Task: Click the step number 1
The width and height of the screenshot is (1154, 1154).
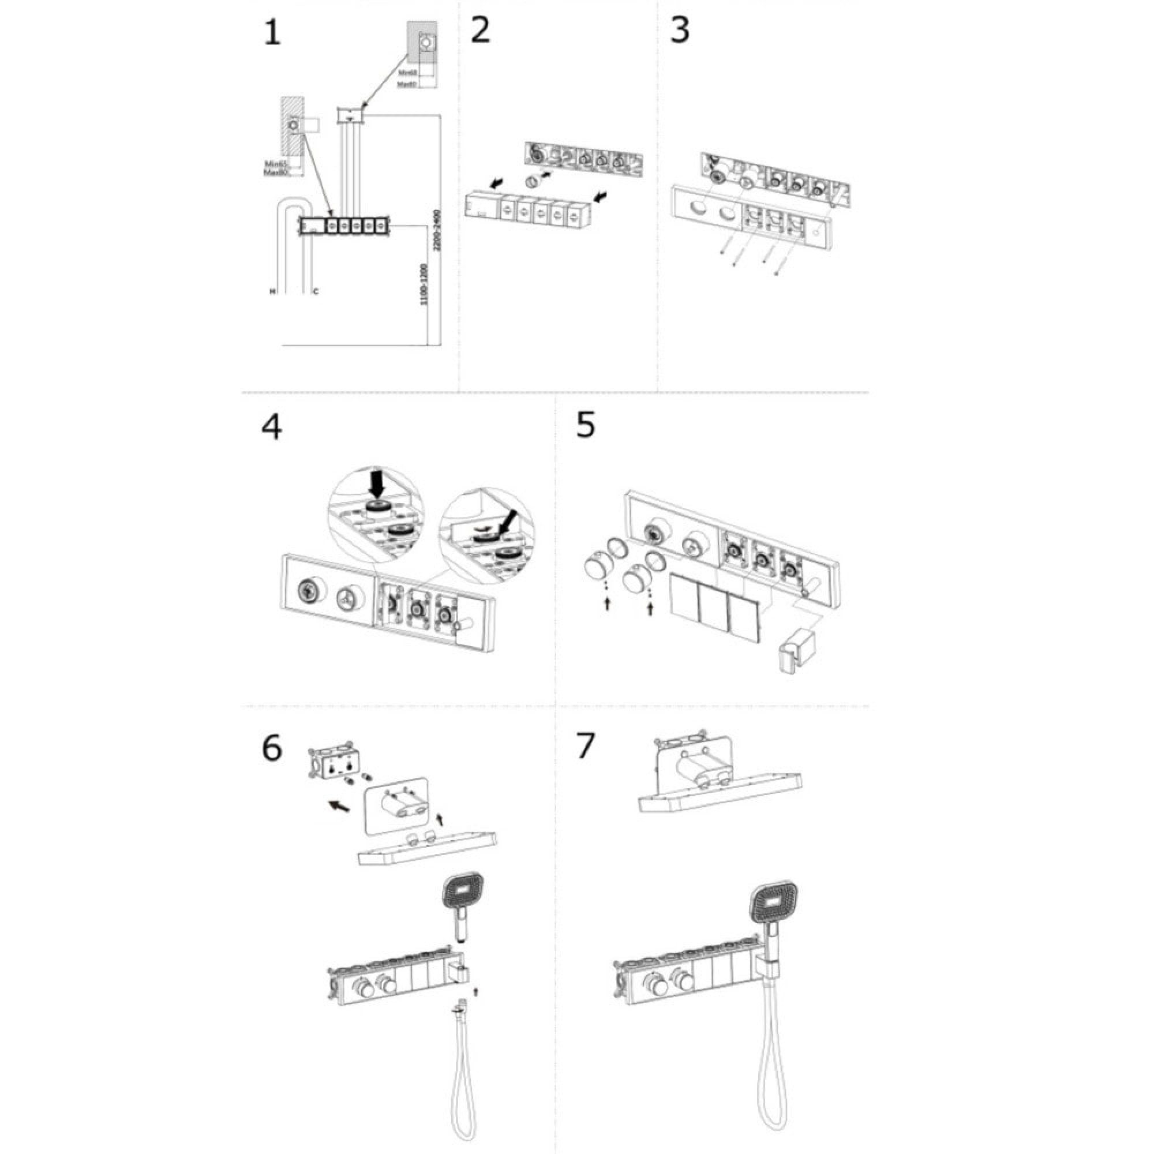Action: (x=272, y=32)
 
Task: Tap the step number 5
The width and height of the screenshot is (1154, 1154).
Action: (x=585, y=425)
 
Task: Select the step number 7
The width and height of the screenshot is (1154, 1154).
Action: (x=585, y=745)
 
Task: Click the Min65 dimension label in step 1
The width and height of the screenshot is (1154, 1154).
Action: (x=276, y=164)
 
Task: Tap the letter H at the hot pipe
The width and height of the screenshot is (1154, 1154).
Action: (x=272, y=292)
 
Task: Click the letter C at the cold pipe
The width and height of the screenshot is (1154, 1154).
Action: (x=316, y=292)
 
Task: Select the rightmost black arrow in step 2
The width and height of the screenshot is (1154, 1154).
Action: (x=603, y=194)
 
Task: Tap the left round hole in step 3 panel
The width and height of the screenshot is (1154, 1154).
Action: (x=697, y=209)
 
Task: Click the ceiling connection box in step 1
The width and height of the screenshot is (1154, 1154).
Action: (x=351, y=115)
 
